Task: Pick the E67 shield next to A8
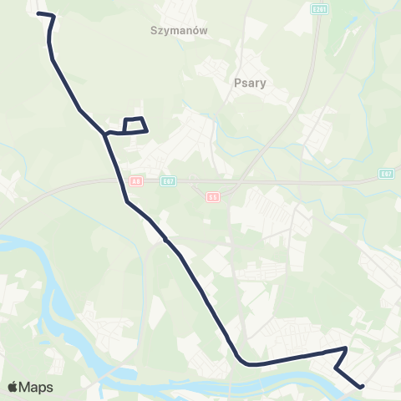point(168,180)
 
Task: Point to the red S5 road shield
point(212,197)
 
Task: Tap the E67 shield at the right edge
point(385,174)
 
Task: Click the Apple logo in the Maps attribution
point(13,387)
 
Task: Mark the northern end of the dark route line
point(39,13)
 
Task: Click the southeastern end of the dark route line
point(363,386)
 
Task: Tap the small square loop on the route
point(135,124)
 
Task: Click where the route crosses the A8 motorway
point(116,179)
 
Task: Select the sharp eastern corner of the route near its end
point(346,348)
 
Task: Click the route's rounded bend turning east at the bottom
point(242,361)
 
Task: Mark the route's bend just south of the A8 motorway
point(127,202)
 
